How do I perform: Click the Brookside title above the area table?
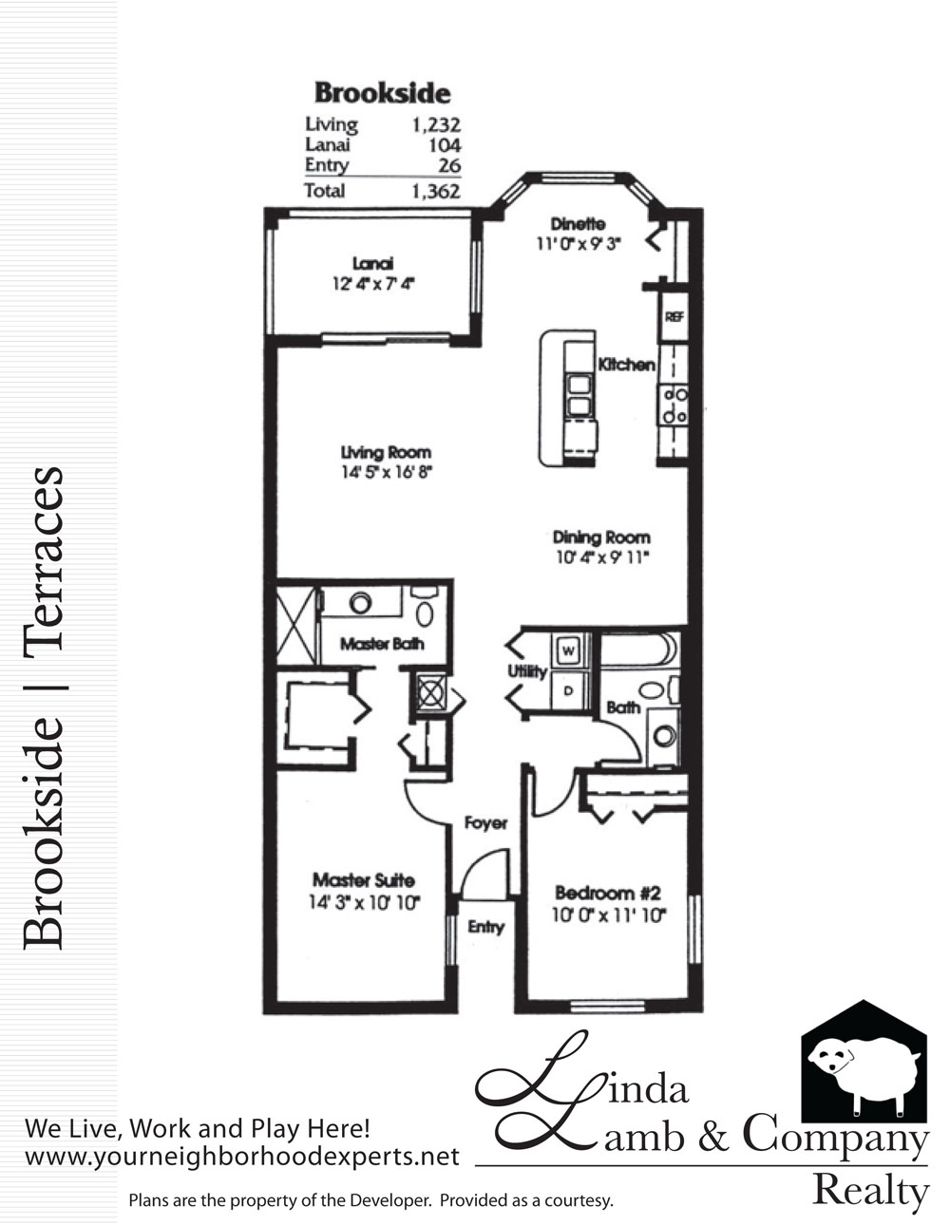pyautogui.click(x=382, y=93)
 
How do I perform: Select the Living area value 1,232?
pyautogui.click(x=436, y=124)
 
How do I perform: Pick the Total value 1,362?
pyautogui.click(x=436, y=192)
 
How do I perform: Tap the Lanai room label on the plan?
pyautogui.click(x=372, y=263)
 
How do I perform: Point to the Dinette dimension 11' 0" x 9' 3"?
pyautogui.click(x=579, y=243)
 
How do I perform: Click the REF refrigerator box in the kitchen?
pyautogui.click(x=674, y=316)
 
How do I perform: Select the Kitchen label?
pyautogui.click(x=626, y=365)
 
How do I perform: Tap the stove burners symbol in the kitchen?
pyautogui.click(x=674, y=405)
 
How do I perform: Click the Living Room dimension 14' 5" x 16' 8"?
pyautogui.click(x=387, y=472)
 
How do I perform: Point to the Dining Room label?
pyautogui.click(x=601, y=537)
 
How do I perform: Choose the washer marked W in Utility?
pyautogui.click(x=568, y=651)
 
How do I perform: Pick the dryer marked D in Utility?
pyautogui.click(x=568, y=690)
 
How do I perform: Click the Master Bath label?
pyautogui.click(x=382, y=644)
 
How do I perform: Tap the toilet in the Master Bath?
pyautogui.click(x=425, y=607)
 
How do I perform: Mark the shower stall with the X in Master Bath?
pyautogui.click(x=296, y=625)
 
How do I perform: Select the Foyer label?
pyautogui.click(x=485, y=823)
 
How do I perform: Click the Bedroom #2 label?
pyautogui.click(x=608, y=893)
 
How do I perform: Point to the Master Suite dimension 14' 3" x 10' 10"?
pyautogui.click(x=365, y=902)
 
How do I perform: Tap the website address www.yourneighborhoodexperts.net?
pyautogui.click(x=242, y=1158)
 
